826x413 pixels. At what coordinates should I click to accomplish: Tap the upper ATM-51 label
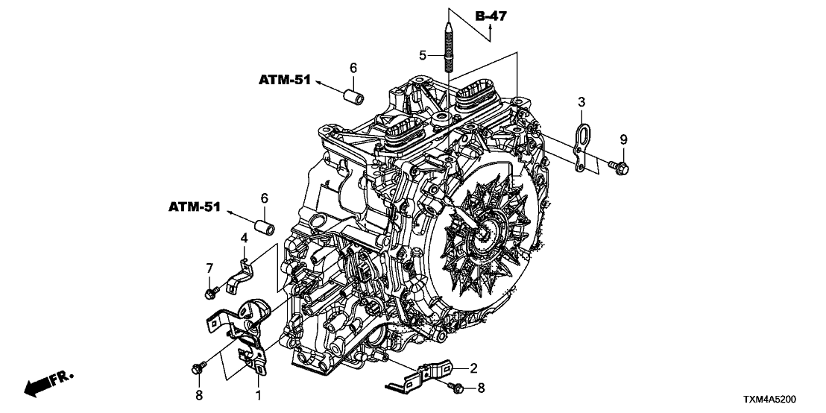[285, 80]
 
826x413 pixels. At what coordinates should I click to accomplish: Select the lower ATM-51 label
[193, 206]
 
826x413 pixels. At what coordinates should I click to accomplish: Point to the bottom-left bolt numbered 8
[199, 367]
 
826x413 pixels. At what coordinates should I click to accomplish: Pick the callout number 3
[582, 101]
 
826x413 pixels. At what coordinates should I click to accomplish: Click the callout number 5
[423, 55]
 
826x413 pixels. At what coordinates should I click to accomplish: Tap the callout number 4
[244, 238]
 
